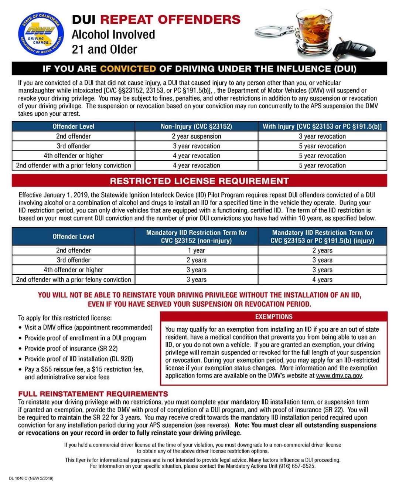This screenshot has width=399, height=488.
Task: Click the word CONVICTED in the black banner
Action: pyautogui.click(x=128, y=69)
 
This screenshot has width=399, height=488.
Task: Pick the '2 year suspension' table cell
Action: pyautogui.click(x=196, y=136)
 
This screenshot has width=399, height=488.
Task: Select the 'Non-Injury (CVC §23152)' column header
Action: pyautogui.click(x=196, y=126)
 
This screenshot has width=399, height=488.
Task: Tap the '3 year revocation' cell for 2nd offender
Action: pyautogui.click(x=322, y=136)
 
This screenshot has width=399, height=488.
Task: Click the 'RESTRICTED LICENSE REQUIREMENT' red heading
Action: pyautogui.click(x=199, y=181)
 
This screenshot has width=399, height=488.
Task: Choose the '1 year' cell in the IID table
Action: pyautogui.click(x=196, y=250)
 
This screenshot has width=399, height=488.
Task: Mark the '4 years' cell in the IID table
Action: pyautogui.click(x=322, y=279)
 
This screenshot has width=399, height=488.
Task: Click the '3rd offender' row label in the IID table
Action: pyautogui.click(x=74, y=260)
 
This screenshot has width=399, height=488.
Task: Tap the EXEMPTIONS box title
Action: pyautogui.click(x=274, y=317)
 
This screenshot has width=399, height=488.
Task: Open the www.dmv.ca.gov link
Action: pyautogui.click(x=339, y=376)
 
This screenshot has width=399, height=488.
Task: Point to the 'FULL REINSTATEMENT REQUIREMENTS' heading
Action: pyautogui.click(x=93, y=394)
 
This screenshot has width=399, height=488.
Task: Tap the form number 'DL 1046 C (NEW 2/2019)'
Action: pyautogui.click(x=31, y=478)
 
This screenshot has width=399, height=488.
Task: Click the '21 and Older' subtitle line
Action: pyautogui.click(x=104, y=50)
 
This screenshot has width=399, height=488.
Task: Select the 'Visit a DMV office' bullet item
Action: pyautogui.click(x=88, y=328)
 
